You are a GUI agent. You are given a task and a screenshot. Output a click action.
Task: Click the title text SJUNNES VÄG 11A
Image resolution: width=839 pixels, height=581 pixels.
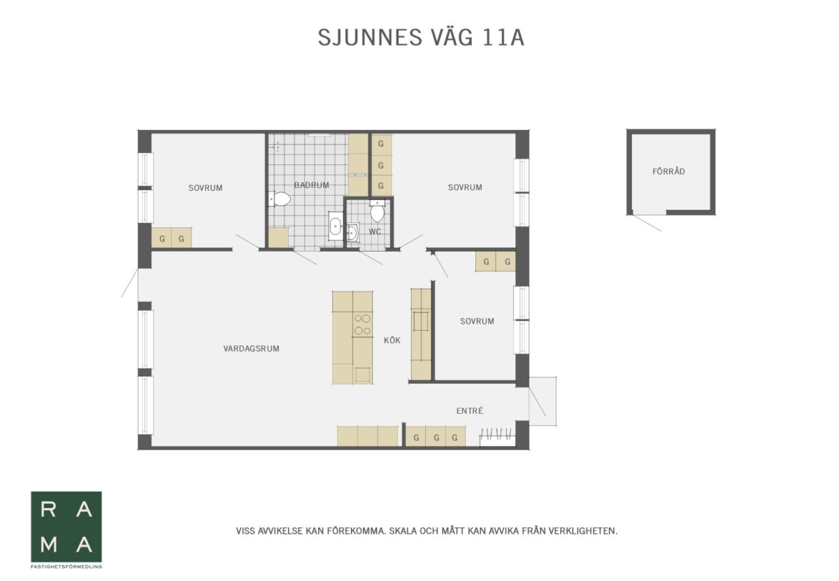[421, 37]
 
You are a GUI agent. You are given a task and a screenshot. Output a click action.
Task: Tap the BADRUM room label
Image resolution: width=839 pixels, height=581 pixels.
[311, 185]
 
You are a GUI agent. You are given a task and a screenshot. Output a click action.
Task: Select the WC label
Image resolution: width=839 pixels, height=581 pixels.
[375, 231]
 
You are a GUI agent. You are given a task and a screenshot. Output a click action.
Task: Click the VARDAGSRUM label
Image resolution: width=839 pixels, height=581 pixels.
[251, 348]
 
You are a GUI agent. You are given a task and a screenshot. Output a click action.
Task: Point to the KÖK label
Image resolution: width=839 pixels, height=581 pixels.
[392, 340]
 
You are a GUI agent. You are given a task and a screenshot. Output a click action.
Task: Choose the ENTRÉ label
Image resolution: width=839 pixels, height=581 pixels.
[470, 410]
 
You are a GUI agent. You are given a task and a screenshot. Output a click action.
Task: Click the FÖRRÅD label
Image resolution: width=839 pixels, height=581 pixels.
[668, 171]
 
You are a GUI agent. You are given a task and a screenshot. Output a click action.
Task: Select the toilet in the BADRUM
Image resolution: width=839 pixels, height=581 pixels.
[280, 199]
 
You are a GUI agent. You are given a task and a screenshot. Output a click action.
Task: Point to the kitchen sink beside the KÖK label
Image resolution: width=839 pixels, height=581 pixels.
[421, 322]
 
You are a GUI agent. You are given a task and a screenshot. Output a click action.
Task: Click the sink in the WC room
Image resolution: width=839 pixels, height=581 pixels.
[352, 233]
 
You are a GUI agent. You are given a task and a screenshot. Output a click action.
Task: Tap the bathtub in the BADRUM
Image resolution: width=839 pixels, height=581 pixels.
[335, 226]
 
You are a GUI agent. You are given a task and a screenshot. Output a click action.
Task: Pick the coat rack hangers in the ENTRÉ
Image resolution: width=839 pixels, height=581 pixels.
[496, 434]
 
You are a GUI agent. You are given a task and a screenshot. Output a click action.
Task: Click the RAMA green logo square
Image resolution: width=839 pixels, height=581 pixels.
[66, 526]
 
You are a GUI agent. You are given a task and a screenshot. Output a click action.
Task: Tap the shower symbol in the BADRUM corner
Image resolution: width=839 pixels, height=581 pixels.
[276, 146]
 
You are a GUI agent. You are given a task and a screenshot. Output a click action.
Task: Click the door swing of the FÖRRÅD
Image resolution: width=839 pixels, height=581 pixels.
[647, 223]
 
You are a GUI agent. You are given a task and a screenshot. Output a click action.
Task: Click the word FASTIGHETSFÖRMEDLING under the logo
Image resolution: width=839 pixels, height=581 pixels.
[66, 567]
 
